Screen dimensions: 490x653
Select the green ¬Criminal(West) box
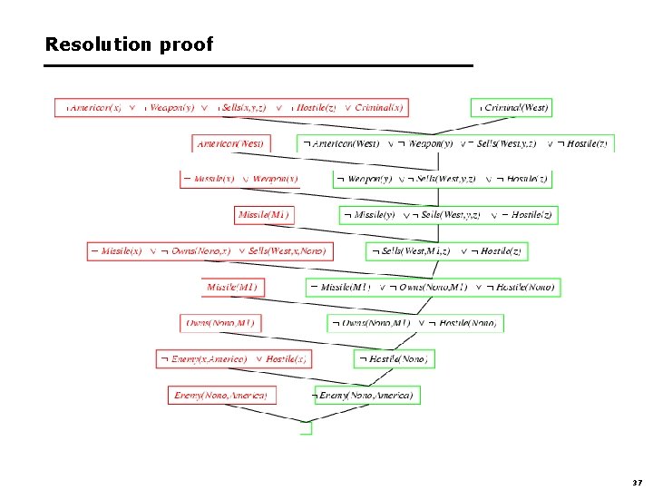(x=513, y=107)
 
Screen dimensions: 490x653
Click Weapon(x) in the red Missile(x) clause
(x=276, y=179)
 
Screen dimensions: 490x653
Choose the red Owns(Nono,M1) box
(x=220, y=322)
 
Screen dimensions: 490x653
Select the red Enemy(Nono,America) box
(x=220, y=395)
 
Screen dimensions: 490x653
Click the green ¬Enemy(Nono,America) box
(x=366, y=395)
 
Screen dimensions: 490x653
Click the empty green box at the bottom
(x=306, y=428)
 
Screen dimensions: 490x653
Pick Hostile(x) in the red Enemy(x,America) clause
(x=287, y=358)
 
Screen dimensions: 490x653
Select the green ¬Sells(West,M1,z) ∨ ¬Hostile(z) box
(x=447, y=250)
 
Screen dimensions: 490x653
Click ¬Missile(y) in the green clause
(x=370, y=215)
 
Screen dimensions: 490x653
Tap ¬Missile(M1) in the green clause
(x=340, y=287)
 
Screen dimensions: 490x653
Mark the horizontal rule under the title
(x=258, y=66)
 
